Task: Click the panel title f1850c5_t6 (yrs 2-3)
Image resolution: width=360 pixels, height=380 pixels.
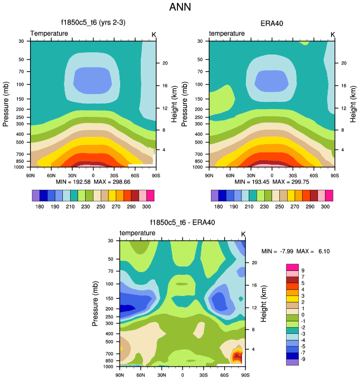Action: click(93, 23)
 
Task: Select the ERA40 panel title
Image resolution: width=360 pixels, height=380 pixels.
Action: click(272, 23)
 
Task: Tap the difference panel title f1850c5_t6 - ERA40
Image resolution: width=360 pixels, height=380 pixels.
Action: click(183, 223)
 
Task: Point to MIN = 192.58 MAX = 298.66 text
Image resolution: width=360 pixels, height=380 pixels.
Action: click(93, 182)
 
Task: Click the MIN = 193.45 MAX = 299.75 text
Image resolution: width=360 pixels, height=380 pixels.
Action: click(272, 182)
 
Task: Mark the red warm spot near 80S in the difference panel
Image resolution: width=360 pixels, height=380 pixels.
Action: click(237, 357)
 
